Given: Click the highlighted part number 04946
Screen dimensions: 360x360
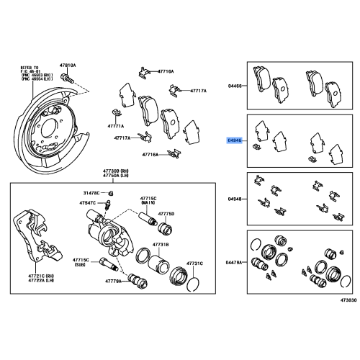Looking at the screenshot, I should tap(235, 142).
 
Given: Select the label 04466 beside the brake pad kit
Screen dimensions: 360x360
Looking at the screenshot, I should tap(235, 85).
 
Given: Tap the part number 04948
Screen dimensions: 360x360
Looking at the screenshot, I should tap(235, 198).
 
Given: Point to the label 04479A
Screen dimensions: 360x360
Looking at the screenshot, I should tap(235, 263).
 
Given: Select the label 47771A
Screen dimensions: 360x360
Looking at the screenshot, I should tap(115, 125).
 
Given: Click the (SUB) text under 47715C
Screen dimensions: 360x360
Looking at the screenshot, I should tap(81, 264).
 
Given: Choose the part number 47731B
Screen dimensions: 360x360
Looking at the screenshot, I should tap(160, 245).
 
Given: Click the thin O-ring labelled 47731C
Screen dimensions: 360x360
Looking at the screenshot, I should tap(191, 287).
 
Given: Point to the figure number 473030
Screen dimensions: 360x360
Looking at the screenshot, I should tap(349, 307).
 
